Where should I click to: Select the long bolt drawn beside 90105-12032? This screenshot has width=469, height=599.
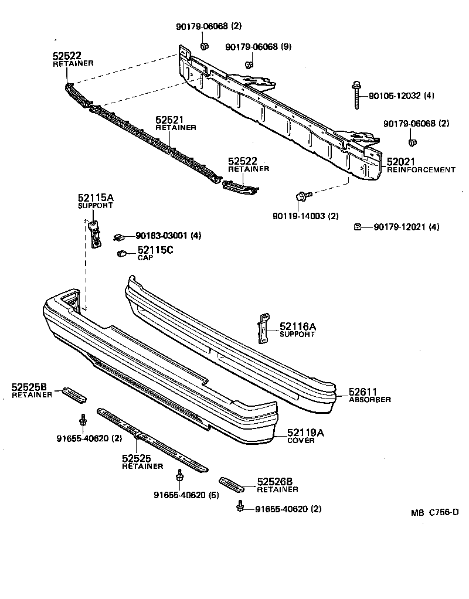(356, 96)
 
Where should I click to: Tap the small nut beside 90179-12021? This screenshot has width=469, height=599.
(357, 226)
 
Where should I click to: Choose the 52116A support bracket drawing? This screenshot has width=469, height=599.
(263, 328)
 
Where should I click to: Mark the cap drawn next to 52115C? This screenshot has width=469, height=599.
(123, 253)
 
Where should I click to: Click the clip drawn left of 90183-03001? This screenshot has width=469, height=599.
(119, 236)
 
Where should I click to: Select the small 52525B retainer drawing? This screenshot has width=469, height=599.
(74, 393)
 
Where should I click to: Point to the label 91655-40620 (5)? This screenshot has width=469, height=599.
(179, 495)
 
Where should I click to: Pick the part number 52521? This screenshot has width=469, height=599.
(169, 120)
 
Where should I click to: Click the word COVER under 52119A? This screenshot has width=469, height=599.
(301, 441)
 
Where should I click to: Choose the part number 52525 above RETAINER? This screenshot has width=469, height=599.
(137, 458)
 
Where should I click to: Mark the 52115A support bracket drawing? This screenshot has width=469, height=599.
(94, 233)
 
